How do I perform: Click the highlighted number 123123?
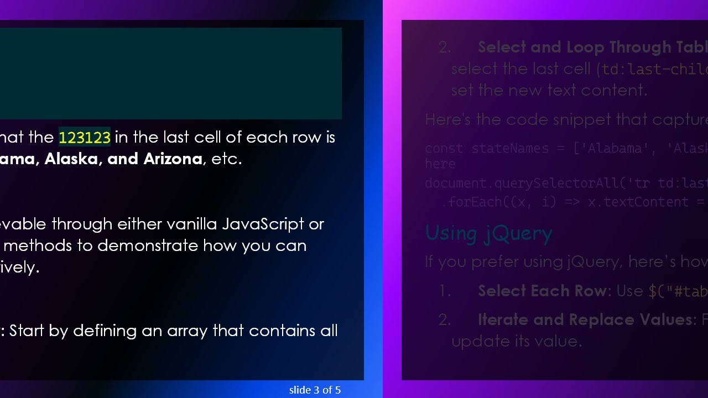pyautogui.click(x=85, y=137)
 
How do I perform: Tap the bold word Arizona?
pyautogui.click(x=173, y=159)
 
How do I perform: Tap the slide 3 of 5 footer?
pyautogui.click(x=315, y=390)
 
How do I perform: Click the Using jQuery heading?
pyautogui.click(x=488, y=233)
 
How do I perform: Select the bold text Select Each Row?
pyautogui.click(x=542, y=291)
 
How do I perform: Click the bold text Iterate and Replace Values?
pyautogui.click(x=585, y=320)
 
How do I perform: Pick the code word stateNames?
pyautogui.click(x=502, y=148)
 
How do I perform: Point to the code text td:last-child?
pyautogui.click(x=654, y=69)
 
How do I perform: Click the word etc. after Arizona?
pyautogui.click(x=227, y=159)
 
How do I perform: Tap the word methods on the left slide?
pyautogui.click(x=38, y=245)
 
